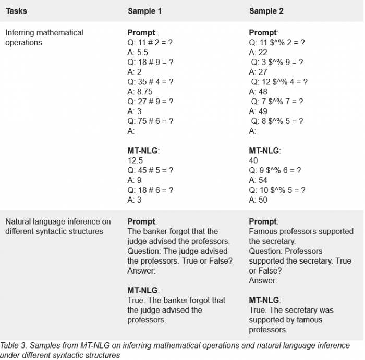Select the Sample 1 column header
tap(145, 11)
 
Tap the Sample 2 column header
tap(266, 11)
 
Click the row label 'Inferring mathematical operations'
tap(44, 38)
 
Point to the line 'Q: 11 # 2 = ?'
tap(150, 43)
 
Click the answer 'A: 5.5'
tap(138, 53)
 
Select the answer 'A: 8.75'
tap(140, 92)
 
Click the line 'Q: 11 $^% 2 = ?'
tap(276, 43)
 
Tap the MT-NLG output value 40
tap(253, 161)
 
